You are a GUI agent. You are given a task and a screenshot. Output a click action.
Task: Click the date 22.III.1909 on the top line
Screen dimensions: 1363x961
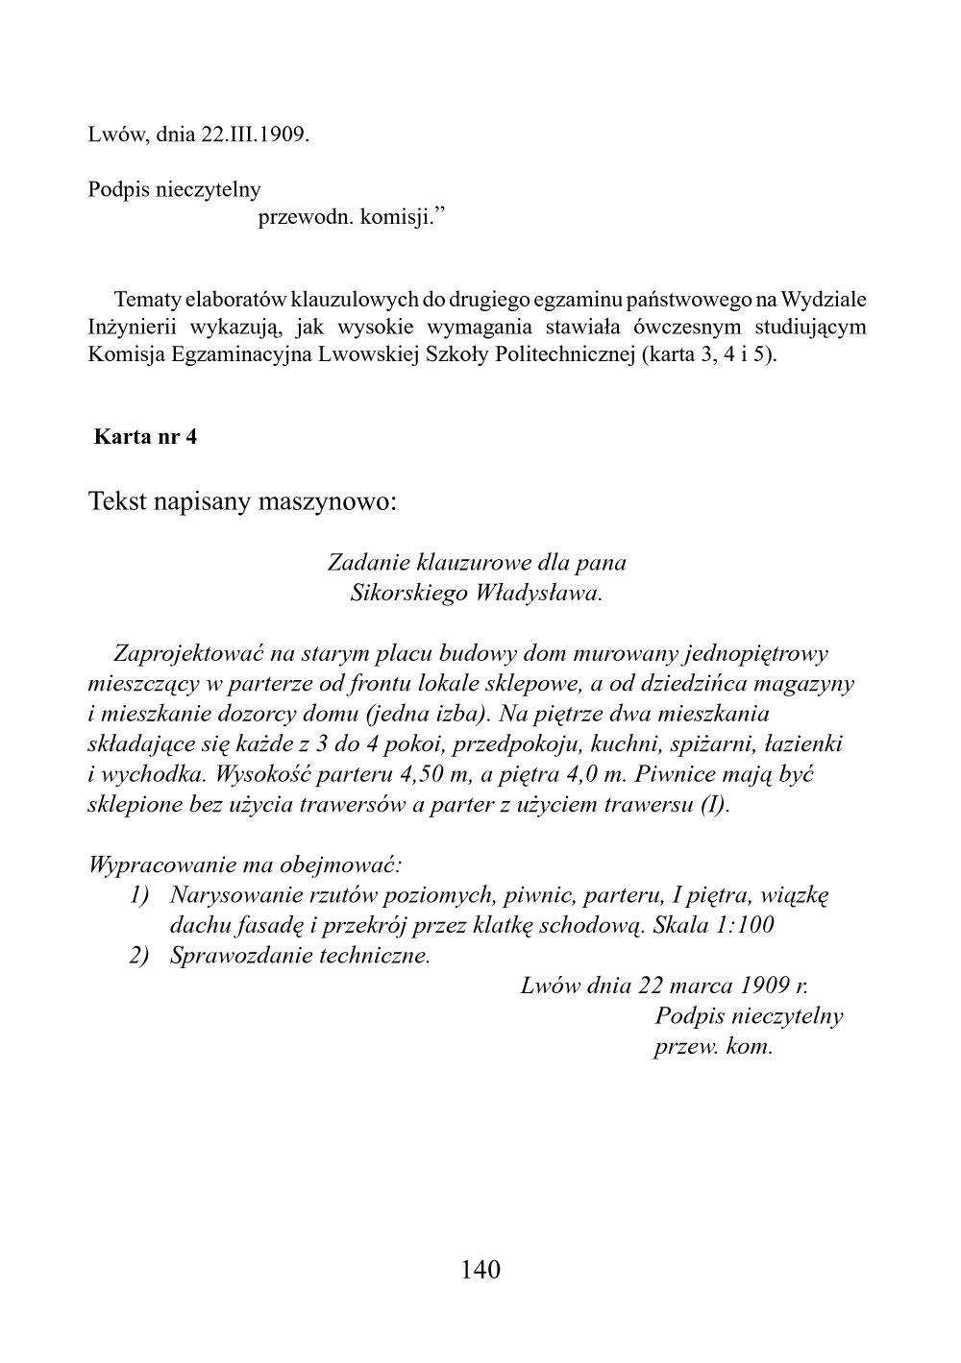pos(255,134)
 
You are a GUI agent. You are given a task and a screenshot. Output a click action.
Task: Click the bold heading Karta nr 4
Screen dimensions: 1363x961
pos(145,437)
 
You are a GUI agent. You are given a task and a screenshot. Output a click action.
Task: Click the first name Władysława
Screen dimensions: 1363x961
pos(538,592)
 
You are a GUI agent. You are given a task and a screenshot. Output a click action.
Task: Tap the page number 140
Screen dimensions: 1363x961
pos(480,1271)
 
